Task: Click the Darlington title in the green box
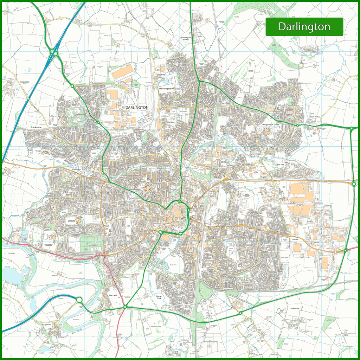304,27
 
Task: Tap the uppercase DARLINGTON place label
137,107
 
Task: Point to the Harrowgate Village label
185,39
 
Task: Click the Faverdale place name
80,114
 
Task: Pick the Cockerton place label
76,169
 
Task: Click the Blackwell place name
112,295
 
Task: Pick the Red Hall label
280,165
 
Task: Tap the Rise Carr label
171,122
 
